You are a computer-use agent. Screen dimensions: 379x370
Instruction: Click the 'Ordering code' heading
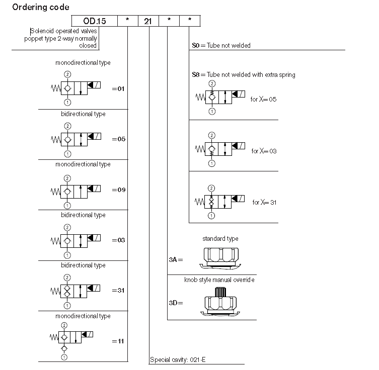tap(41, 7)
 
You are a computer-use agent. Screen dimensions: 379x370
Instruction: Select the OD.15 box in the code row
tap(95, 21)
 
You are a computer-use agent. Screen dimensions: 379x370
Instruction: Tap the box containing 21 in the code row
tap(148, 21)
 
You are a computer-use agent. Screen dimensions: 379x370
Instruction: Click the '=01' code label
tap(118, 89)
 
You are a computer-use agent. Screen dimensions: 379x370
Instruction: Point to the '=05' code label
tap(118, 139)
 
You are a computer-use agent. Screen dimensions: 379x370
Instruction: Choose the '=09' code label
tap(118, 190)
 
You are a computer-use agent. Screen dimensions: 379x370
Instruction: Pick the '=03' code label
tap(118, 240)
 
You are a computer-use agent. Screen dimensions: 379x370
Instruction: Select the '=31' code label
tap(118, 291)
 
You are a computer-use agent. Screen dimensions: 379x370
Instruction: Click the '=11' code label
tap(118, 341)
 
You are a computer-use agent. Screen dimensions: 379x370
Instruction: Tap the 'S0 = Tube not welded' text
tap(221, 45)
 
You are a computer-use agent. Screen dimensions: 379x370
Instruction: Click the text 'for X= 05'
tap(263, 99)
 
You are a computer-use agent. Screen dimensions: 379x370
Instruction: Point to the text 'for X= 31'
tap(264, 202)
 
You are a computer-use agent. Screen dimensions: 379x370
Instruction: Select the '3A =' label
tap(176, 260)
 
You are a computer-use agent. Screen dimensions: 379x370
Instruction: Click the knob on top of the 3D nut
tap(220, 292)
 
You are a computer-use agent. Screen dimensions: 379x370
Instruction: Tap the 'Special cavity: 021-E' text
tap(178, 360)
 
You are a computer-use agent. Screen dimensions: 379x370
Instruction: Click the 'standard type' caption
tap(220, 239)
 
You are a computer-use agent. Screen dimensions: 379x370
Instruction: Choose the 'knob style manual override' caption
tap(219, 280)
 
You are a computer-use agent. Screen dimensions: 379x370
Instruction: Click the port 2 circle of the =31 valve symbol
tap(67, 277)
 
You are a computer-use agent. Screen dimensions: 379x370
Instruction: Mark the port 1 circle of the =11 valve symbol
tap(64, 357)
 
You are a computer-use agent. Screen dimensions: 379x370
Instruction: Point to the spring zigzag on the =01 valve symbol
tap(56, 88)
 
